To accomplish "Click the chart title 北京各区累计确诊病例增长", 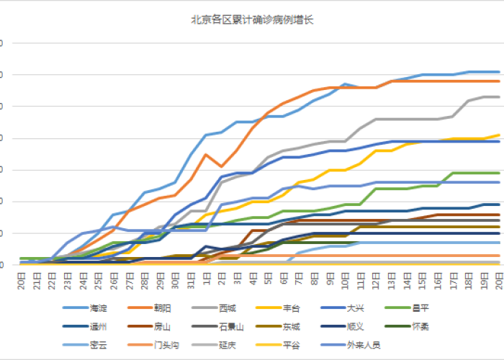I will point(252,19).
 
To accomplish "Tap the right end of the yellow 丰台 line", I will point(500,135).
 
